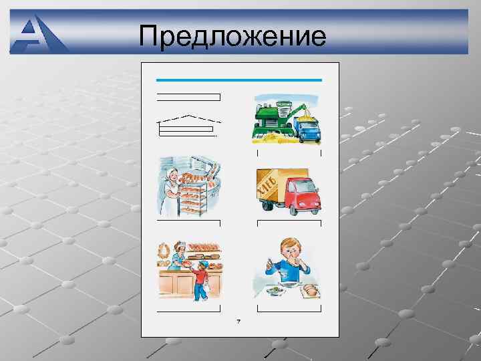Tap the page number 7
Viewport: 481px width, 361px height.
[x=238, y=322]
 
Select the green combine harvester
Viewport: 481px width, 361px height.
[x=275, y=120]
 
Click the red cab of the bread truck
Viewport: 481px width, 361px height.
[x=303, y=195]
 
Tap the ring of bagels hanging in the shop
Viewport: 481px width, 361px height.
[x=164, y=253]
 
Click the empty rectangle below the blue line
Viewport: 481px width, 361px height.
[x=188, y=97]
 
